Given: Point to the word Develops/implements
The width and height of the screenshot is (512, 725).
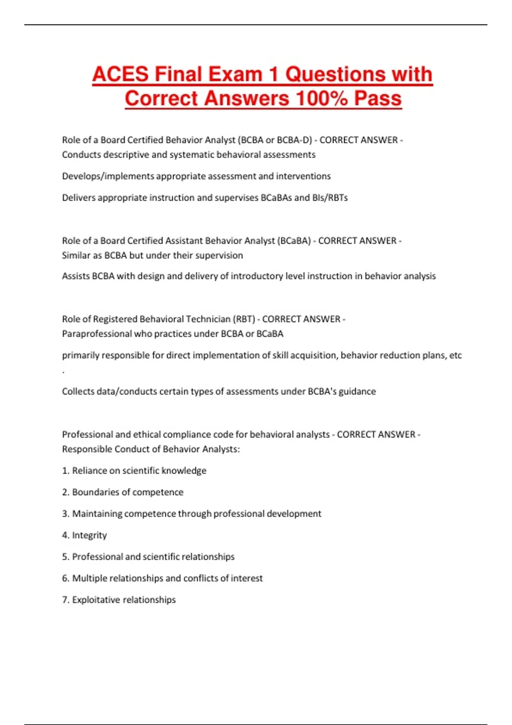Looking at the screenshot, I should click(x=108, y=176).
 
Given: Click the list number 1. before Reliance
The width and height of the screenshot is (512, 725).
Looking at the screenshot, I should click(x=65, y=471).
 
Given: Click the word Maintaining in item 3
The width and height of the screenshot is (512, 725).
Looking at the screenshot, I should click(x=97, y=513).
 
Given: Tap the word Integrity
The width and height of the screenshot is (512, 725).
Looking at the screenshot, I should click(x=89, y=535).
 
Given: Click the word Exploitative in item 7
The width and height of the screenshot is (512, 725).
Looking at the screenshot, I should click(x=96, y=600).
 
